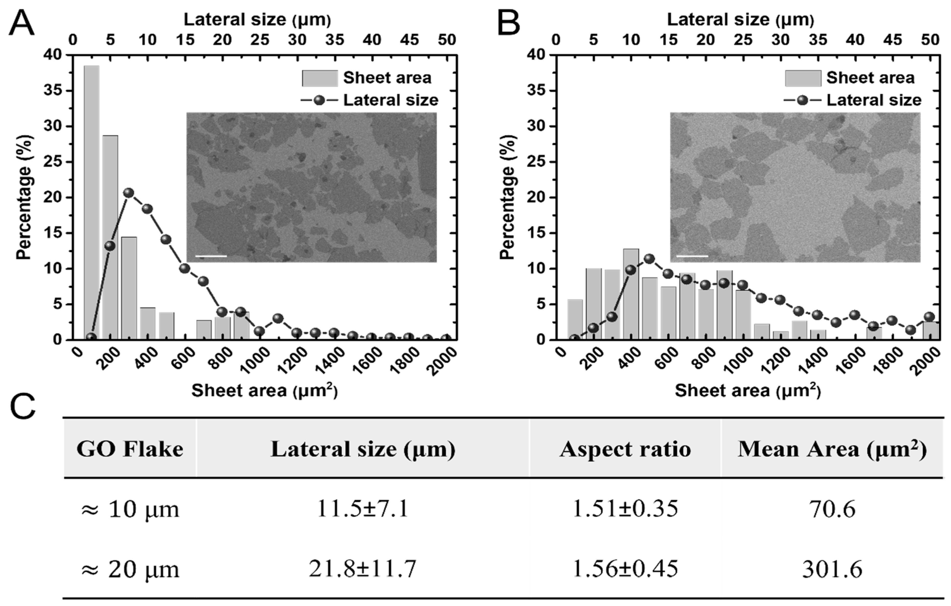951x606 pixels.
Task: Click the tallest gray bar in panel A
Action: pos(91,201)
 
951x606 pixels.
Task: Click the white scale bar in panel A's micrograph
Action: pos(211,256)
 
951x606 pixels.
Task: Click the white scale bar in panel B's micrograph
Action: pos(692,256)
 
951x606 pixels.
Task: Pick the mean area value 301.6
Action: pos(832,569)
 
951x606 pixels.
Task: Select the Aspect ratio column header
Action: pos(625,449)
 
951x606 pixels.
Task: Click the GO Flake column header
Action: pos(130,449)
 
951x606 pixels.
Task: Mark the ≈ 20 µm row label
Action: pos(130,569)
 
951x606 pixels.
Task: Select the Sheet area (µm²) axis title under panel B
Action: pos(748,391)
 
